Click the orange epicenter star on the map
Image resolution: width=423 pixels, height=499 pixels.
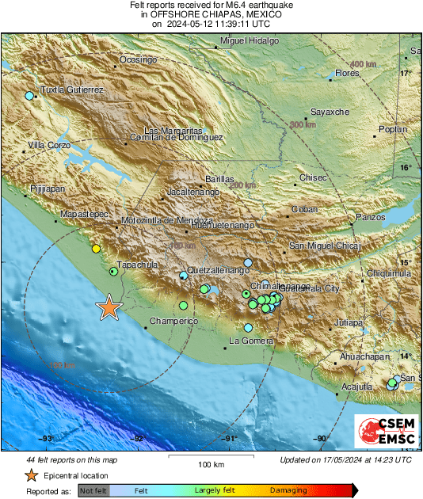pos(109,308)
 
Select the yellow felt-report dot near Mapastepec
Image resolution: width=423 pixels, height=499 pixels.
pos(96,249)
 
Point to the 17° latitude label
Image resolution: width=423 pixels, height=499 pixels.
pos(406,73)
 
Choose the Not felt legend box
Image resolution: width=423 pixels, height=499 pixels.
pos(94,491)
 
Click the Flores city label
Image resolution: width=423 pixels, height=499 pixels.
pos(347,73)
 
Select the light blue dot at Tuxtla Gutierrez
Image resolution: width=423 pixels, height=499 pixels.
pos(29,96)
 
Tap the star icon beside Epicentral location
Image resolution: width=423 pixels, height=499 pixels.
pos(31,475)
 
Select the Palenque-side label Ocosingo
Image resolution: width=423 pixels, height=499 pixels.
pos(139,59)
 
